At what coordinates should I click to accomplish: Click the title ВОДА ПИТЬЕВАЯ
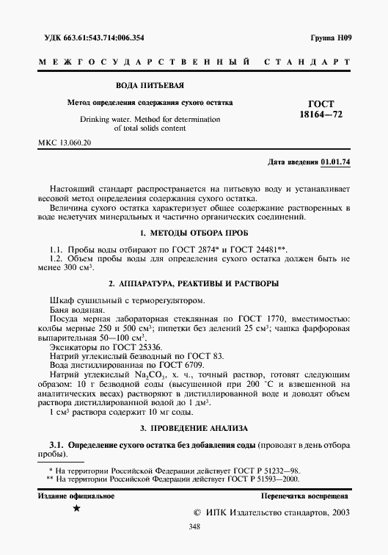click(x=151, y=87)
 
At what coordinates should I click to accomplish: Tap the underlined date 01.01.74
click(x=335, y=162)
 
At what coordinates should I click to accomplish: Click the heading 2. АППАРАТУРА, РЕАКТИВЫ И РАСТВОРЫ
click(x=194, y=283)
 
